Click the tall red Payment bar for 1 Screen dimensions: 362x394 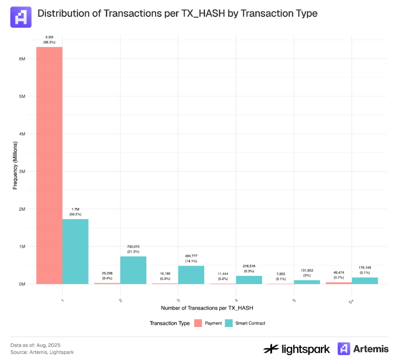point(49,164)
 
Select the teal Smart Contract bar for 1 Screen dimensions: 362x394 point(75,251)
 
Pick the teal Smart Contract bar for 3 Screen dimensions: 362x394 point(191,275)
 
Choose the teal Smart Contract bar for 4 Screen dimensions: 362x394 point(249,280)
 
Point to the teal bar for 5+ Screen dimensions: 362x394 point(365,281)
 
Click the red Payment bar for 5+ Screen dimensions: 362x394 point(339,283)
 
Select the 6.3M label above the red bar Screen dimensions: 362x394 point(49,38)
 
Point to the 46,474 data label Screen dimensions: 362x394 point(339,271)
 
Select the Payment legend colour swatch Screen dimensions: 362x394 point(198,323)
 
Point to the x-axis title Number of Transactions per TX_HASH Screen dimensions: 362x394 point(207,308)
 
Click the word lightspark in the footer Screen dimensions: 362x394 point(303,349)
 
